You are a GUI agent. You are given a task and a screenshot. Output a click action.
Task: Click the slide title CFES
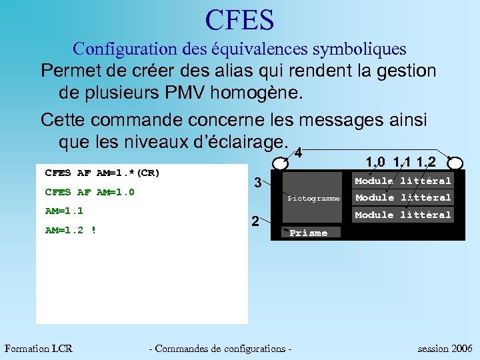tap(240, 20)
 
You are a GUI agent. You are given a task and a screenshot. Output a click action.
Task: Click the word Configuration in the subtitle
tap(110, 49)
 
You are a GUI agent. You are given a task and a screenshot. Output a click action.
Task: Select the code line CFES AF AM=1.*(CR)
tap(102, 173)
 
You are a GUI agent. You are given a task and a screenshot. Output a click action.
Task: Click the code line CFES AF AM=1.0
tap(89, 193)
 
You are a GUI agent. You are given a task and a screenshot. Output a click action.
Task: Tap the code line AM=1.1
tap(63, 211)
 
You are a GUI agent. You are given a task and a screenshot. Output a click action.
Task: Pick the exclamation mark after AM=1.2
tap(93, 231)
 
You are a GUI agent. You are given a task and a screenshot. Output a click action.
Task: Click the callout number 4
tap(299, 153)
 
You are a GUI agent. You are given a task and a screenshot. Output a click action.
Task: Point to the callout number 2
tap(254, 221)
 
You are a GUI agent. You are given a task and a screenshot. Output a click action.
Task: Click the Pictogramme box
tap(313, 199)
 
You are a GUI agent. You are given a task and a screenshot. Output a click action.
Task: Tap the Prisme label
tap(308, 233)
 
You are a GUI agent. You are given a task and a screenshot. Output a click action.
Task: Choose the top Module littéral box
tap(403, 181)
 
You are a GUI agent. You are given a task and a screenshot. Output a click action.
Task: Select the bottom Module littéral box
tap(403, 215)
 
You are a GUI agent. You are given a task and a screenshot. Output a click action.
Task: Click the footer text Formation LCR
tap(39, 348)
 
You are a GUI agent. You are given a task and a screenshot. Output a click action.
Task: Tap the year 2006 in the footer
tap(461, 348)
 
